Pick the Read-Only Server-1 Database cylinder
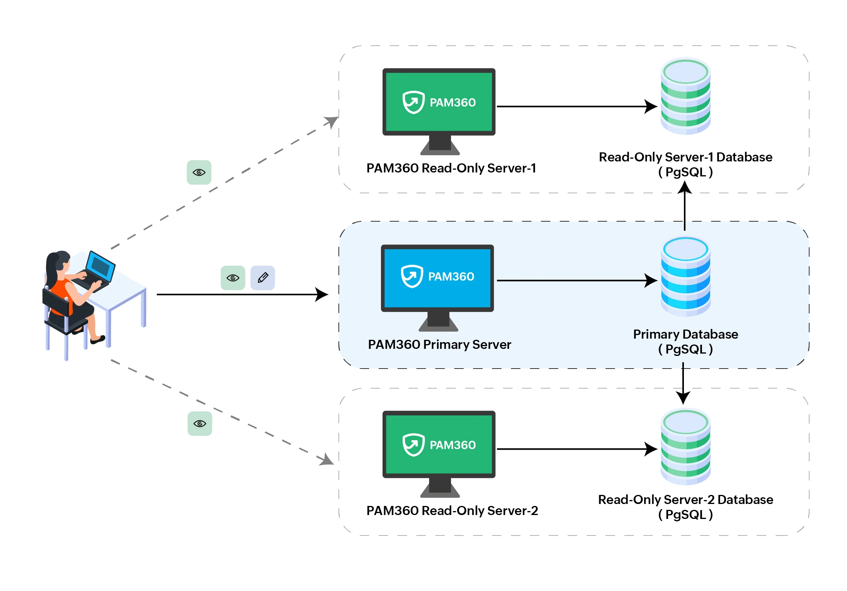(685, 96)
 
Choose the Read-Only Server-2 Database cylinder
(685, 447)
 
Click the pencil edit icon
(263, 278)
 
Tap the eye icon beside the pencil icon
(233, 278)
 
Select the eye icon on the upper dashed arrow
(199, 172)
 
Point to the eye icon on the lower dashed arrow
(200, 424)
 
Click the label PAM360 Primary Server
(439, 345)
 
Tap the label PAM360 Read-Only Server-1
(451, 168)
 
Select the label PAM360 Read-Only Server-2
(452, 511)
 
